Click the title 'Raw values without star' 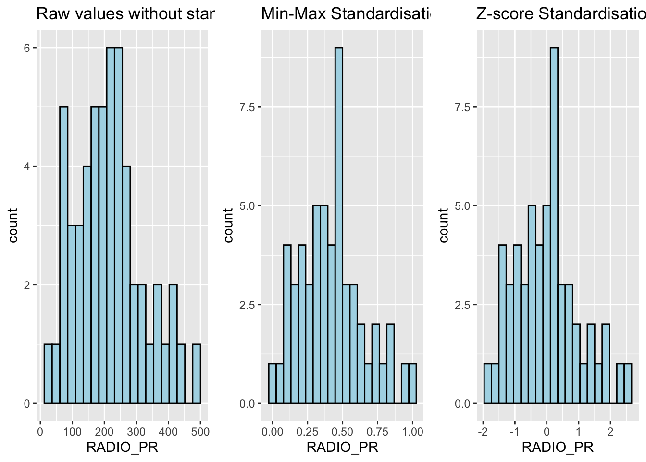click(125, 14)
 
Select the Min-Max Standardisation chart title click(345, 14)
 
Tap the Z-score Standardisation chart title click(560, 14)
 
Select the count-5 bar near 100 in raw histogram click(63, 255)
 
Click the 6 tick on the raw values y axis click(27, 48)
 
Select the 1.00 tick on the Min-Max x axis click(412, 432)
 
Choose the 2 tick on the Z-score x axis click(610, 432)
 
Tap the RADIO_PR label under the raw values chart click(122, 448)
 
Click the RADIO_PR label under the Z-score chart click(558, 448)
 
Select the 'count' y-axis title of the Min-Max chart click(229, 225)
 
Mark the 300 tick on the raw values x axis click(137, 432)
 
